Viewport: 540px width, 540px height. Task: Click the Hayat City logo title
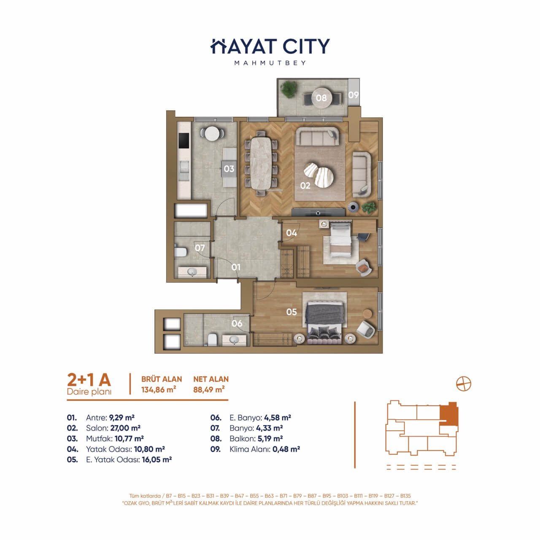click(x=270, y=46)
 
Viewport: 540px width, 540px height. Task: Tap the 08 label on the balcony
click(x=321, y=98)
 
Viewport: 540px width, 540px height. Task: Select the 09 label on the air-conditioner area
click(x=354, y=95)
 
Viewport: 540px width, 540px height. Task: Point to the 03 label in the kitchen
click(x=229, y=169)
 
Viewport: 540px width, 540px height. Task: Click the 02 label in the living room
click(x=305, y=186)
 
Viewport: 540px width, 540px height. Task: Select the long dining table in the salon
click(x=261, y=164)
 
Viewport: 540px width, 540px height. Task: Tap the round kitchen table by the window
click(x=212, y=133)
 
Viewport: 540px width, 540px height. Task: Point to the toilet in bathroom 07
click(x=181, y=252)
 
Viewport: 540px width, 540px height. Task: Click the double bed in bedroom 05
click(x=324, y=323)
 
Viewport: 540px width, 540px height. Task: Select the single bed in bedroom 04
click(x=340, y=238)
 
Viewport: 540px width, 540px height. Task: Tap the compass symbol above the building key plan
click(x=464, y=383)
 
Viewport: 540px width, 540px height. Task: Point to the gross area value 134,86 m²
click(x=159, y=389)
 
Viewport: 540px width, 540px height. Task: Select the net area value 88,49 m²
click(x=209, y=389)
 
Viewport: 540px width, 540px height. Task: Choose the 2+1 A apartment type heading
click(x=89, y=380)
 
